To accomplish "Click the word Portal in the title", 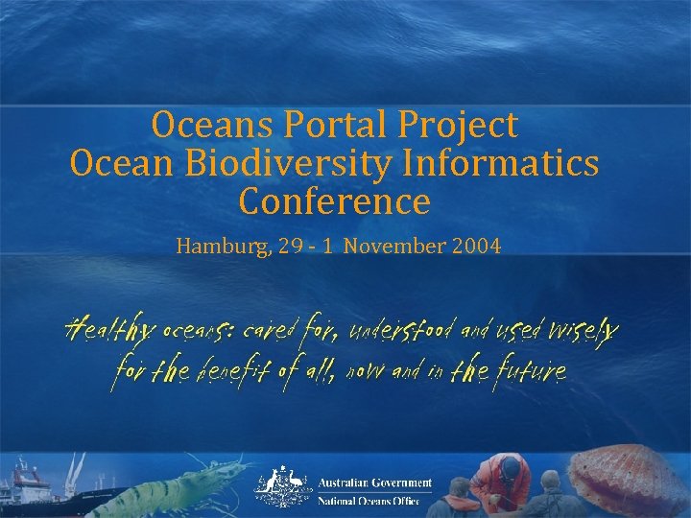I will pyautogui.click(x=321, y=126).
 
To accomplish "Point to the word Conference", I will pyautogui.click(x=334, y=202).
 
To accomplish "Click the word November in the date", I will pyautogui.click(x=392, y=247).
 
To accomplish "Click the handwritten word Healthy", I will pyautogui.click(x=107, y=331).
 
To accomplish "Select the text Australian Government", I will pyautogui.click(x=375, y=483).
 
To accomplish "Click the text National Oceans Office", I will pyautogui.click(x=369, y=501).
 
